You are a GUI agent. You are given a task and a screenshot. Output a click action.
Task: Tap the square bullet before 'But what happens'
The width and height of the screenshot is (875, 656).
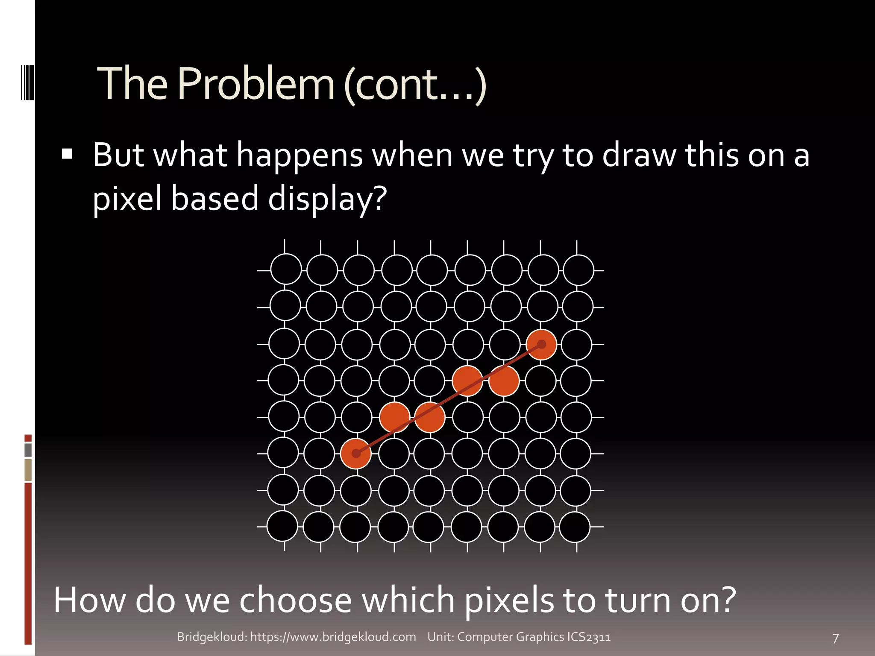click(67, 154)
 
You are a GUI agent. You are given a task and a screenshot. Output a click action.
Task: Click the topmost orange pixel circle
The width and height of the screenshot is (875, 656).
click(541, 344)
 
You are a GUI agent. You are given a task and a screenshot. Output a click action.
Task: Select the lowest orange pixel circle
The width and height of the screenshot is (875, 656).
click(356, 454)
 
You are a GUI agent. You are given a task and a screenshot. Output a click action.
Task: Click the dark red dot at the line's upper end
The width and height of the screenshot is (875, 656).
click(541, 344)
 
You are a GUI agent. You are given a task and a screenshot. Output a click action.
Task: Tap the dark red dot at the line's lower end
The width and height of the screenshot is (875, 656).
click(356, 454)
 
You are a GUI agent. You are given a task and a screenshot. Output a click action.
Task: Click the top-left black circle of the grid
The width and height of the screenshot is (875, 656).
click(286, 269)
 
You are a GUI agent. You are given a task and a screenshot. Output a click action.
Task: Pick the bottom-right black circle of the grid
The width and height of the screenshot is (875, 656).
click(575, 527)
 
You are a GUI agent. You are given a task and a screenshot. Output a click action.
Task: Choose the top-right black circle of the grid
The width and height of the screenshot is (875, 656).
click(578, 270)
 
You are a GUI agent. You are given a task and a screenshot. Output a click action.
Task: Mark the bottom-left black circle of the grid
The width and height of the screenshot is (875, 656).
click(282, 527)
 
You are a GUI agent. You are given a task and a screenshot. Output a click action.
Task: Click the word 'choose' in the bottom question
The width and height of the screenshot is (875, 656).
click(295, 600)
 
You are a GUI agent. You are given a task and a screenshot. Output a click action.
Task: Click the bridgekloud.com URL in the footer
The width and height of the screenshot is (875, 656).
click(333, 637)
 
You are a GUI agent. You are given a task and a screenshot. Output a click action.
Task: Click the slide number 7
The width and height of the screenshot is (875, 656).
click(836, 638)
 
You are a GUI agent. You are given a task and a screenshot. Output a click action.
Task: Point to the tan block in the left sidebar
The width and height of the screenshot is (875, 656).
click(28, 470)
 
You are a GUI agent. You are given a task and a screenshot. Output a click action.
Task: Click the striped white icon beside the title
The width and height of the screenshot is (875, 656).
click(27, 82)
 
